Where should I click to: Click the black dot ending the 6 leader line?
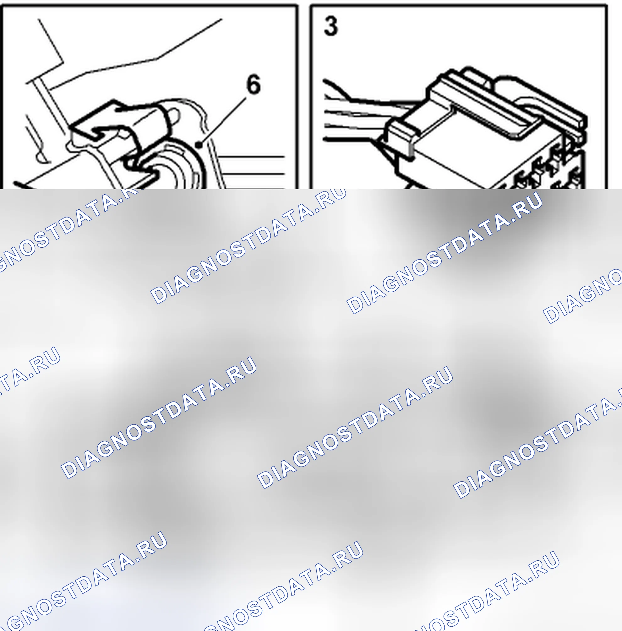pyautogui.click(x=198, y=144)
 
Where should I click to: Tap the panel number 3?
pyautogui.click(x=330, y=26)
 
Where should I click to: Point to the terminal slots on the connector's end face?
pyautogui.click(x=542, y=170)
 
